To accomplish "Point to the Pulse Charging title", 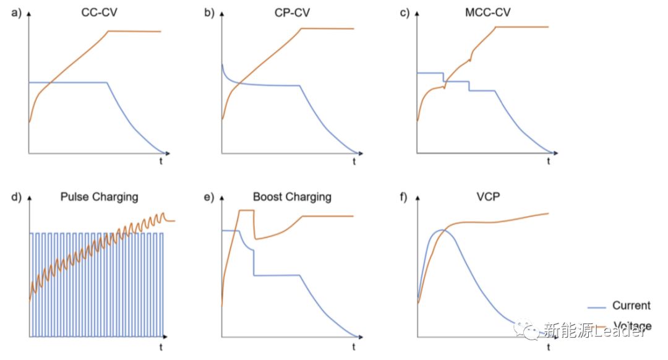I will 99,197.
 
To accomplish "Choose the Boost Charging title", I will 292,197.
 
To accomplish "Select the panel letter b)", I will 209,12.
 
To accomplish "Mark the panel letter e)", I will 209,197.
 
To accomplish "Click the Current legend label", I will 631,306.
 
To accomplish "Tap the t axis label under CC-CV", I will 160,162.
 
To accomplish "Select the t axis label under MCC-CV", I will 548,162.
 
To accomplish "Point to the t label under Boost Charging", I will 354,347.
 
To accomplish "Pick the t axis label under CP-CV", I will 354,162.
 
